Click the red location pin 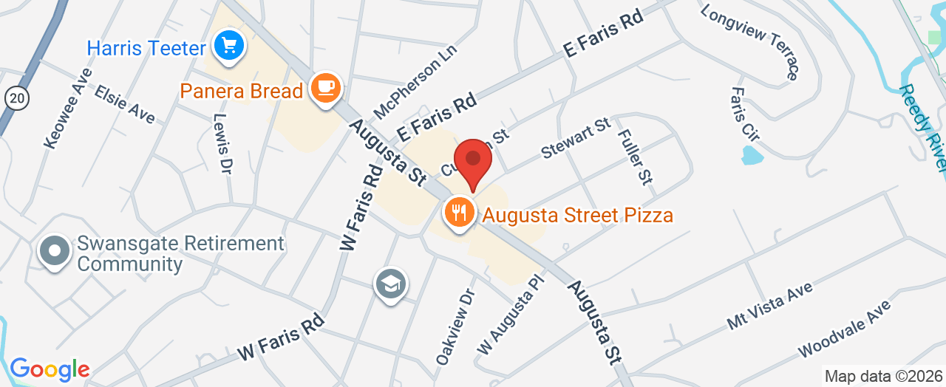click(473, 160)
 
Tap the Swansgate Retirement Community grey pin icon click(55, 252)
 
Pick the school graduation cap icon click(391, 284)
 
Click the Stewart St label click(575, 138)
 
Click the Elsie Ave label click(124, 103)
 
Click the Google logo click(50, 369)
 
